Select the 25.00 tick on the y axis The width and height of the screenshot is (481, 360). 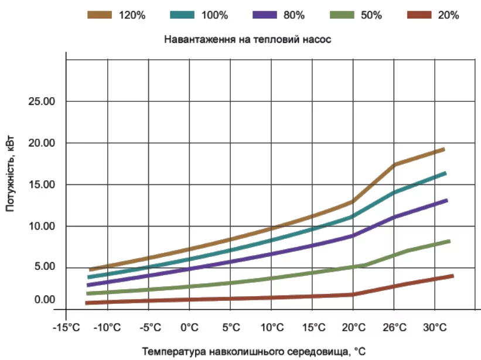pyautogui.click(x=42, y=102)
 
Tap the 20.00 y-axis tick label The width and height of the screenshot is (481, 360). pyautogui.click(x=42, y=143)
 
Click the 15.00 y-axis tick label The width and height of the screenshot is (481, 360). pyautogui.click(x=42, y=185)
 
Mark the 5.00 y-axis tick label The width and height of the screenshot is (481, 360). pyautogui.click(x=42, y=268)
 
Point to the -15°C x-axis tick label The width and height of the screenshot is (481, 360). pyautogui.click(x=66, y=326)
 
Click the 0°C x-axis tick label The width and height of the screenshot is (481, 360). pyautogui.click(x=189, y=326)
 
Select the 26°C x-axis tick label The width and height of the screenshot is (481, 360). pyautogui.click(x=393, y=326)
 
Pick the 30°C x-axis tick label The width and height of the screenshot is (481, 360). pyautogui.click(x=434, y=326)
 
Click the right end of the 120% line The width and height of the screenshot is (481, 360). pyautogui.click(x=445, y=149)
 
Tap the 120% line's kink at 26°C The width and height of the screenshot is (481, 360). pyautogui.click(x=394, y=165)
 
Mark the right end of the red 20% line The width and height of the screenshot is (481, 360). pyautogui.click(x=453, y=276)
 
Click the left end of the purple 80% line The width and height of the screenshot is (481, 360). pyautogui.click(x=87, y=285)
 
